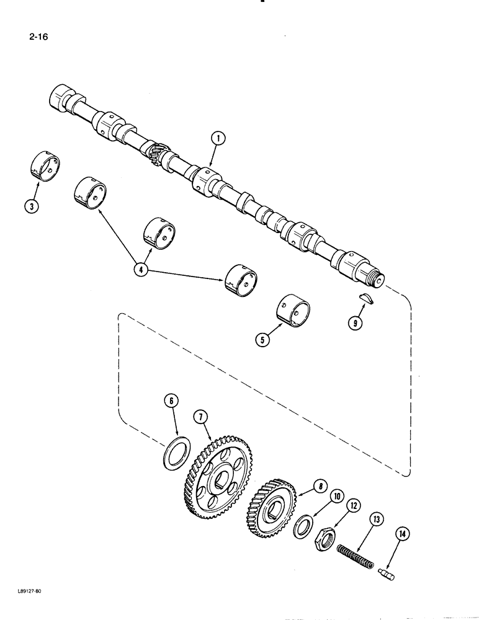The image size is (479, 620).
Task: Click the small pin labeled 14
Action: click(x=386, y=574)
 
